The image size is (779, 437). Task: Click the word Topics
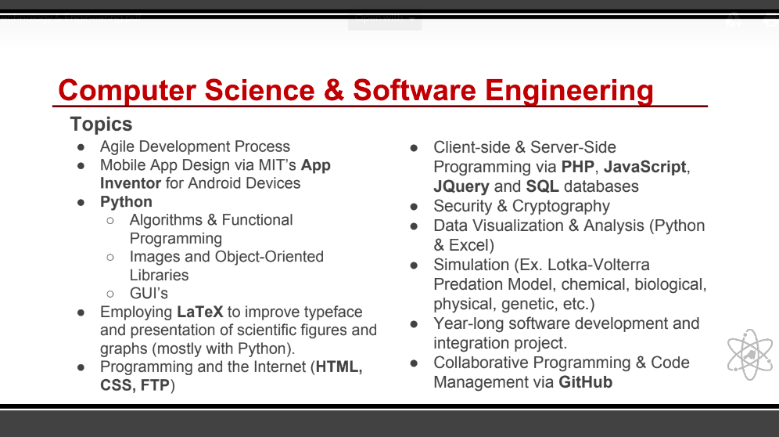coord(102,125)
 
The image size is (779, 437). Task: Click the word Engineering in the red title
coord(569,91)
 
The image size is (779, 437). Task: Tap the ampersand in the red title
coord(334,90)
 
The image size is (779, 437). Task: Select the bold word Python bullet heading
coord(126,202)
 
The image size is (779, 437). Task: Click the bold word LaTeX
coord(200,312)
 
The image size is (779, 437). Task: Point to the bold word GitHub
coord(585,382)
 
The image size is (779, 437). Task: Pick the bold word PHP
coord(578,167)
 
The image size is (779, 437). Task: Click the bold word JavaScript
coord(645,167)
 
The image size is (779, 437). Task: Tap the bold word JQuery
coord(461,186)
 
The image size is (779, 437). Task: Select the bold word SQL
coord(543,186)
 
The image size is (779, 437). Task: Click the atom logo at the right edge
coord(750,355)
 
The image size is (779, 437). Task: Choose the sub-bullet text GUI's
coord(149,294)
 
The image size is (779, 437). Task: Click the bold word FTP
coord(156,386)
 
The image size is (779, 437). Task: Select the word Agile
coord(117,147)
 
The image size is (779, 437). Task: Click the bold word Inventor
coord(131,184)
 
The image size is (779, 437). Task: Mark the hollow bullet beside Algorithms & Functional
coord(110,221)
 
